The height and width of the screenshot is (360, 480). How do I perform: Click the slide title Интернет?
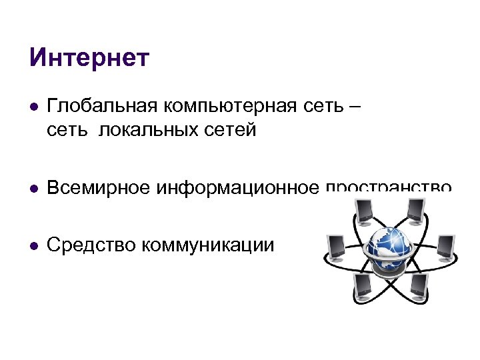click(x=90, y=58)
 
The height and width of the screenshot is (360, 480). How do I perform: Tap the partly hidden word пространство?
click(x=390, y=187)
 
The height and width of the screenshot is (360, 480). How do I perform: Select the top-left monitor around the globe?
click(x=364, y=213)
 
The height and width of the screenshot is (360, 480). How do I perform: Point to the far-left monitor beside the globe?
click(x=334, y=248)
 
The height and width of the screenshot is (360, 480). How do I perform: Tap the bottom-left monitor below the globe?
click(x=364, y=285)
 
